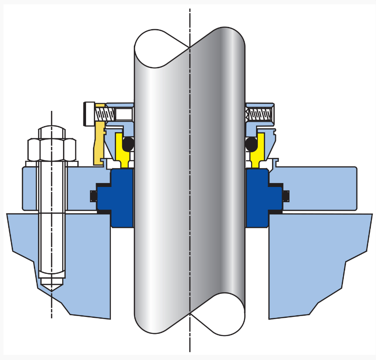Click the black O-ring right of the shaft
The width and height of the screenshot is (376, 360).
click(251, 144)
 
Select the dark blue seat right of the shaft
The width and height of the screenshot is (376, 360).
click(258, 198)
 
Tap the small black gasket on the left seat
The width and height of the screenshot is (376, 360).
click(93, 197)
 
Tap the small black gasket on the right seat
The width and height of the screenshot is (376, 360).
click(286, 197)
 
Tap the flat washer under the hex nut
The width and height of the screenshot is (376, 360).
click(52, 163)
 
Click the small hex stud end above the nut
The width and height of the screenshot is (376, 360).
click(52, 132)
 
